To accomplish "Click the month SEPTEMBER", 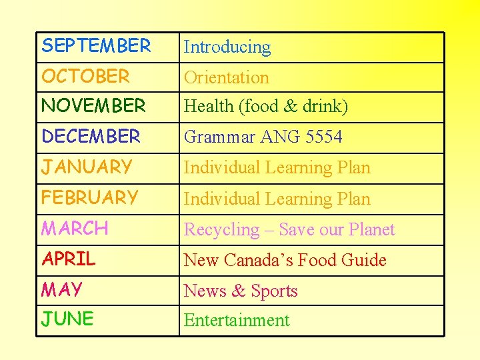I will click(x=96, y=46).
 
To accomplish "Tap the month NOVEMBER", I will click(x=93, y=105).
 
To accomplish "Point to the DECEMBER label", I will click(x=91, y=137).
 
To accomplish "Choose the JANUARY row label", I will click(x=87, y=167).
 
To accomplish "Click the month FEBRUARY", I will click(x=89, y=198).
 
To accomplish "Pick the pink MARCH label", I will click(x=75, y=229).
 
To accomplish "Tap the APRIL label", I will click(x=69, y=259).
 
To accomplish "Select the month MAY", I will click(x=62, y=290).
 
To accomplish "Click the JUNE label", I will click(x=67, y=319).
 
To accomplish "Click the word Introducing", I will click(x=227, y=47).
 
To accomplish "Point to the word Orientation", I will click(x=226, y=77).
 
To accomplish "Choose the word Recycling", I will click(x=221, y=230).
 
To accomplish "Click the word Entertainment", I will click(x=237, y=321).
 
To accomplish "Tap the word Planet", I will click(x=371, y=230).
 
